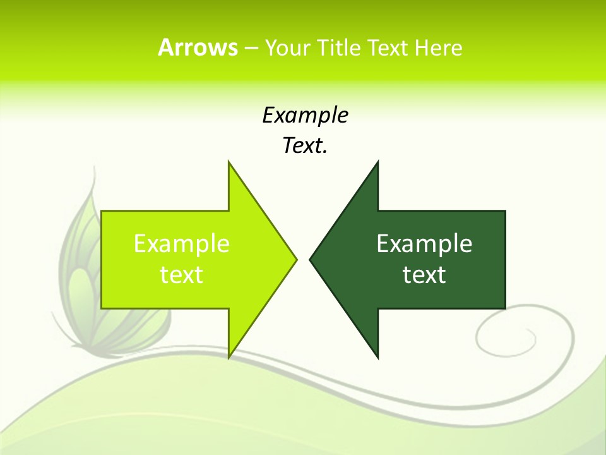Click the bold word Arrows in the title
click(x=198, y=47)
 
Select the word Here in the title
click(x=439, y=47)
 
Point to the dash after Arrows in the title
click(x=250, y=48)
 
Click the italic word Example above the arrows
click(x=306, y=115)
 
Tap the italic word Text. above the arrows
click(x=306, y=145)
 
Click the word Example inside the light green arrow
click(x=182, y=243)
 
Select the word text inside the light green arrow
click(x=182, y=274)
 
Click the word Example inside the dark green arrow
click(x=424, y=243)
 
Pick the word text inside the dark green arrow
click(x=424, y=274)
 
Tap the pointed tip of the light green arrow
click(x=295, y=259)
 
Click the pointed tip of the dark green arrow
click(x=311, y=259)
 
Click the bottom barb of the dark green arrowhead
click(x=377, y=356)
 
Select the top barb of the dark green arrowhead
click(x=377, y=164)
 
